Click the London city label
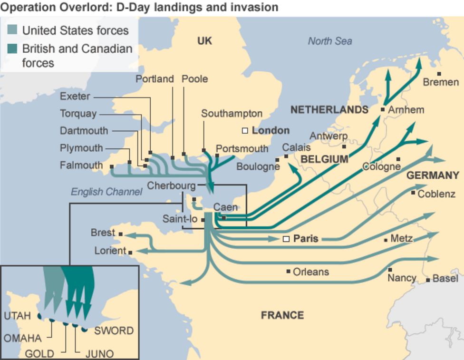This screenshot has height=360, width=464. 271,130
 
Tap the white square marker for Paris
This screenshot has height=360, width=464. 286,239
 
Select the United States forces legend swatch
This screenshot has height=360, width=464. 13,30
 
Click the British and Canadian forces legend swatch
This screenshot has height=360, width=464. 13,49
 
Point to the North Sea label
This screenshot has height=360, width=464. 329,41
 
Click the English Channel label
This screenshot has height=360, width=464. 106,192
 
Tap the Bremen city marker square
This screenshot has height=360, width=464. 439,74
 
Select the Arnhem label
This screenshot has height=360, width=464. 406,110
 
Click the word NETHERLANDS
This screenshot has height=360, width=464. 329,110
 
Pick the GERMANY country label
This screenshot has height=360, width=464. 433,175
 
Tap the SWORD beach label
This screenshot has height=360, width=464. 114,331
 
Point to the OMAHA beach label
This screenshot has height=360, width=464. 22,338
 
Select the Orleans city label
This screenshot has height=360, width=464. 310,272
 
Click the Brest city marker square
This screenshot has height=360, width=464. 121,234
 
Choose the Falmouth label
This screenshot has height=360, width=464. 81,165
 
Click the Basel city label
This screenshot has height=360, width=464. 445,279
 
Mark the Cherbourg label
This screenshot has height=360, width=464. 171,185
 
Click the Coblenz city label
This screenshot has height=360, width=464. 436,194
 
